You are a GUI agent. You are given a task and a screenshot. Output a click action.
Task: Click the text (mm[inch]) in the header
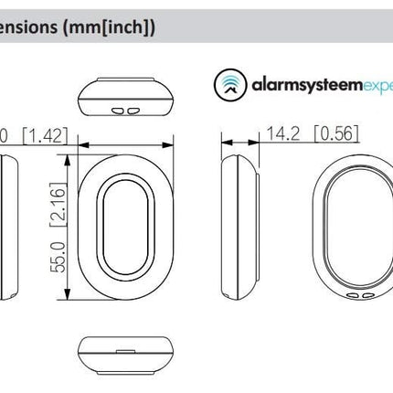119,28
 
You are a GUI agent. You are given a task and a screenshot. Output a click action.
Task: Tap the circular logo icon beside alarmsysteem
228,84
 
